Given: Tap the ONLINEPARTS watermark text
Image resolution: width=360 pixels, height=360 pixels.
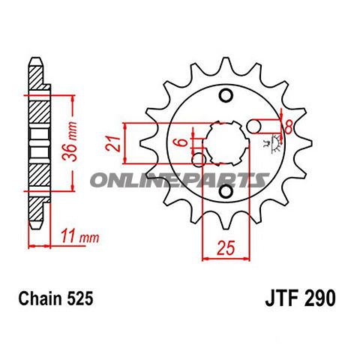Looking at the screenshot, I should (179, 180).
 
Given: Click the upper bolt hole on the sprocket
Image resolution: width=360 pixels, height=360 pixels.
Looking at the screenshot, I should (225, 95).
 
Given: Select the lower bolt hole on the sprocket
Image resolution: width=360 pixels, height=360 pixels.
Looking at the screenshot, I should (225, 194).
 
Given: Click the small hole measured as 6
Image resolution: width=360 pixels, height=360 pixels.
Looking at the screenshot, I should (199, 159).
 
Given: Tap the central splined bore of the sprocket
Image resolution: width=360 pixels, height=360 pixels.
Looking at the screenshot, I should (224, 142).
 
